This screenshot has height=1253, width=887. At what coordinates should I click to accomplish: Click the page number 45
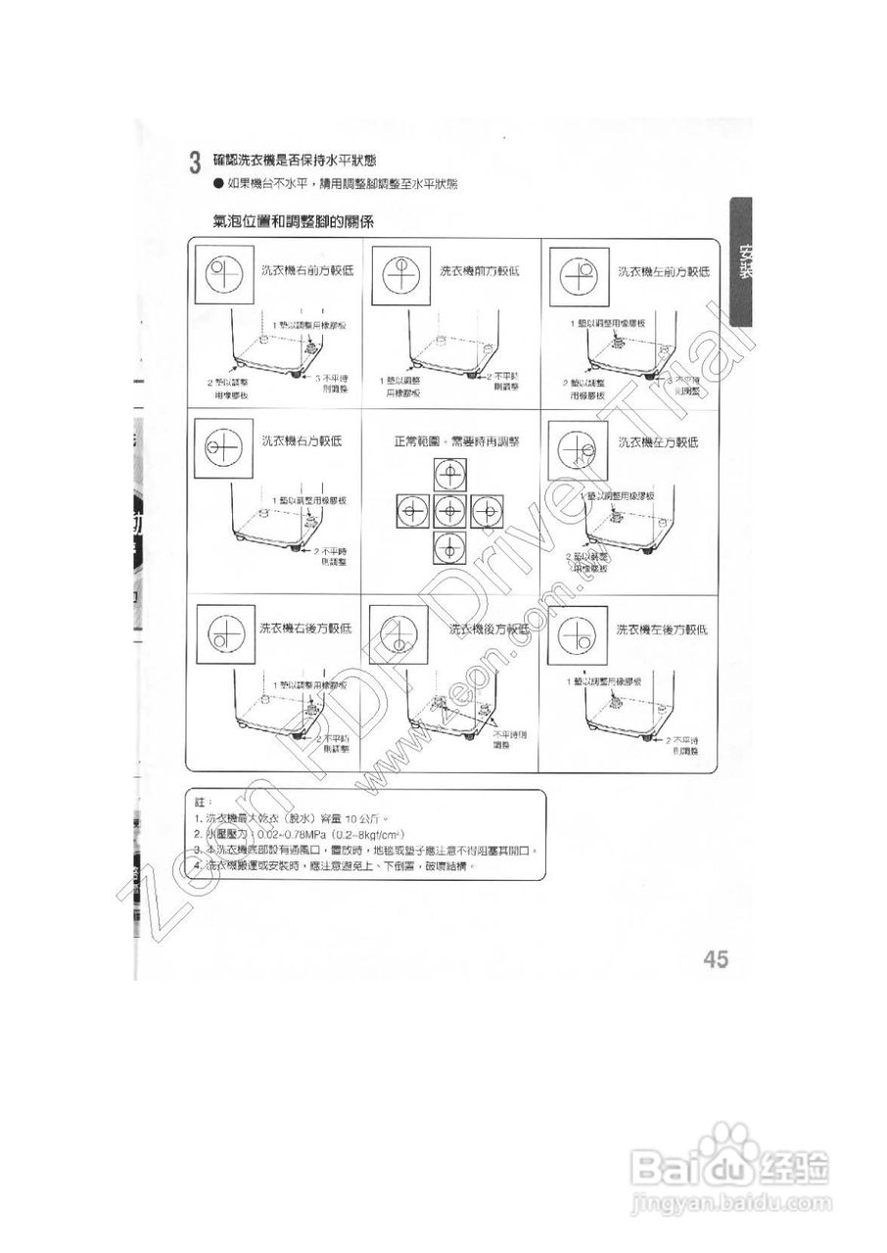click(716, 959)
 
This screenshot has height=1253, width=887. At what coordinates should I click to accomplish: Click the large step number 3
click(195, 162)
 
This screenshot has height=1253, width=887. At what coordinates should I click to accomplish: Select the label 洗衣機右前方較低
click(300, 270)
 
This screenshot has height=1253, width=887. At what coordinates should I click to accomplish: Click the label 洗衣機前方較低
click(479, 270)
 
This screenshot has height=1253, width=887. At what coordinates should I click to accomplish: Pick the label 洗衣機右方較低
click(301, 441)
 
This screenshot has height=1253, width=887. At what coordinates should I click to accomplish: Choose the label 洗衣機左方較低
click(658, 442)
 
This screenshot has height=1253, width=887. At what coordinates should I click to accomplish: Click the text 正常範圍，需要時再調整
click(446, 441)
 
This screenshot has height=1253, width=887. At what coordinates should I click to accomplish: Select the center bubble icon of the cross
click(447, 511)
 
